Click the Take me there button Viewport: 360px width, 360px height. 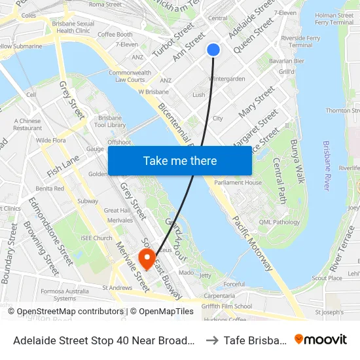click(180, 161)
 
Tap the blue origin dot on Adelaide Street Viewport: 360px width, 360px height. click(213, 50)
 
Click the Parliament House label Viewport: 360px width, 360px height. click(238, 183)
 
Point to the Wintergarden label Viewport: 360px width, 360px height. click(226, 79)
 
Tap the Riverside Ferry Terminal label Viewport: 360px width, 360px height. click(300, 41)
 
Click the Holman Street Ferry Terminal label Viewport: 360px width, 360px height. click(334, 18)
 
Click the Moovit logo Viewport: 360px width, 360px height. click(321, 339)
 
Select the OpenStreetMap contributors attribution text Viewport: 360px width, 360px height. click(70, 312)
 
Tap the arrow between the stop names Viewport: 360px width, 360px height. click(211, 340)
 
